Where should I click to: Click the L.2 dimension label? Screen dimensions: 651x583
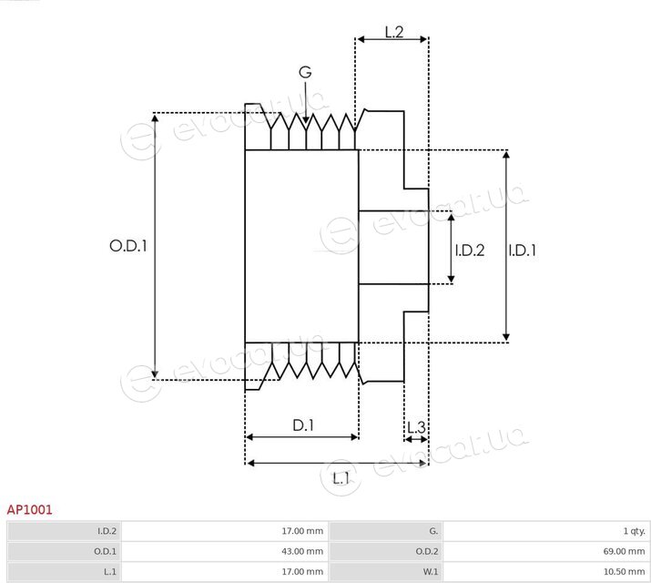click(394, 32)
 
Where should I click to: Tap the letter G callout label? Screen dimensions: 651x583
click(305, 72)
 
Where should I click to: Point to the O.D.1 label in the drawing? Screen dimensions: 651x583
click(127, 246)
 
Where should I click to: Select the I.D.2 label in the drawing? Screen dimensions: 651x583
click(470, 250)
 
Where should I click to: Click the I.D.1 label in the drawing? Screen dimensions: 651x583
click(523, 250)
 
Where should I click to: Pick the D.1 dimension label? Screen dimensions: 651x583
click(303, 425)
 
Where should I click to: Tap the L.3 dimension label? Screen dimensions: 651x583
click(416, 427)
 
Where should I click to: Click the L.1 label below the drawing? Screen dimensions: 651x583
click(341, 478)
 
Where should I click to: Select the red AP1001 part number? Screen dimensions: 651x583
click(29, 509)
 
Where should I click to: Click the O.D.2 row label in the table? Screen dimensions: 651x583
click(427, 551)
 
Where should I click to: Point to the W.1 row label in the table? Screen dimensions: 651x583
click(430, 572)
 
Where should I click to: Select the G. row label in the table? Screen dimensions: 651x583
click(433, 531)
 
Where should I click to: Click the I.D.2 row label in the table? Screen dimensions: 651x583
click(107, 531)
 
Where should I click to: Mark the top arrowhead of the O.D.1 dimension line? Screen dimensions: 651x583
click(155, 118)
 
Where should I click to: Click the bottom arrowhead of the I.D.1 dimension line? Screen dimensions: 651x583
click(506, 337)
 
